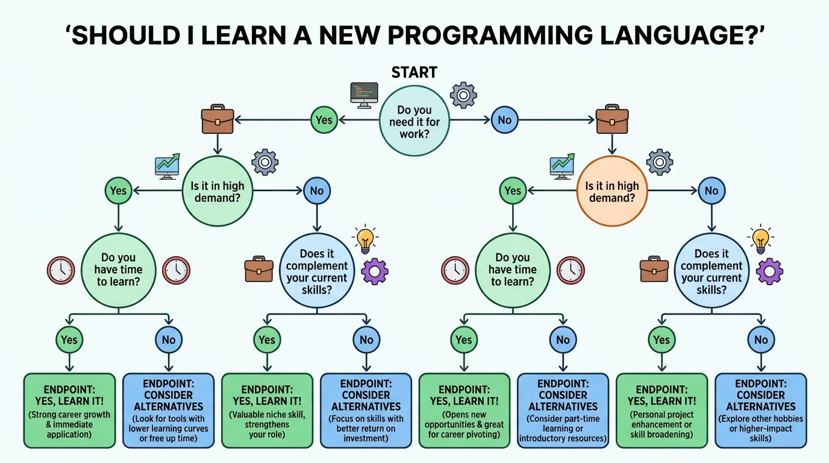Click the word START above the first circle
414,72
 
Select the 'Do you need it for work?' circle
414,121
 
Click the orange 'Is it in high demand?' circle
612,192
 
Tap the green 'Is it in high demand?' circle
217,192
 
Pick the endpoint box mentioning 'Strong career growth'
69,411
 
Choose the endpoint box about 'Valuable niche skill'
267,411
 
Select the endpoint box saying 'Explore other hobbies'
761,411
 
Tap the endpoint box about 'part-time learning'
563,411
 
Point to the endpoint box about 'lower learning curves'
168,411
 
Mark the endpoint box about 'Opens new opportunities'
464,411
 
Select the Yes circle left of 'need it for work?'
324,120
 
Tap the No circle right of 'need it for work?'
504,120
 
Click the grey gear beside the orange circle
659,163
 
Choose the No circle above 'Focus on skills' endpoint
366,339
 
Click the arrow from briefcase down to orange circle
612,145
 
